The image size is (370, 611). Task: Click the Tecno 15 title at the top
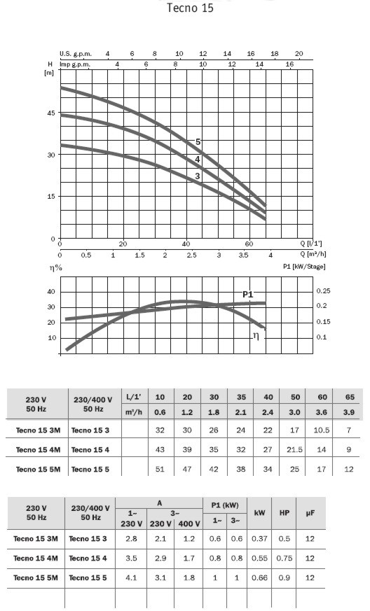[x=190, y=8]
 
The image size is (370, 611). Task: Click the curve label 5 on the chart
[x=198, y=142]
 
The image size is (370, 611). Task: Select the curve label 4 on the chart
[x=198, y=160]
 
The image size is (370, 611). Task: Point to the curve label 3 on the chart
[x=198, y=176]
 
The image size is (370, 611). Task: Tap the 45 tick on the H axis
[x=51, y=113]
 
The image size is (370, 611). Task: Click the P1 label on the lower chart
[x=248, y=295]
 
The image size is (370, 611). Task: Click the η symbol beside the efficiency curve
[x=256, y=335]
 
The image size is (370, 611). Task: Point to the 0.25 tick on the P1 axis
[x=323, y=291]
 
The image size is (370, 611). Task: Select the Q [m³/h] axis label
[x=313, y=254]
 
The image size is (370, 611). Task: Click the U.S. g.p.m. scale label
[x=76, y=54]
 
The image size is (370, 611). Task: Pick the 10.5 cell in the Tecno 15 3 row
[x=322, y=430]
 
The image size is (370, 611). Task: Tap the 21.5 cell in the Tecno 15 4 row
[x=295, y=450]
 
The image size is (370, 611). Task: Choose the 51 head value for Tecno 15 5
[x=160, y=469]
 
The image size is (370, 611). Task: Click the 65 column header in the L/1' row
[x=350, y=397]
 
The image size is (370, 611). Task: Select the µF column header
[x=310, y=513]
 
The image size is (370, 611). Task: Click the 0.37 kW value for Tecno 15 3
[x=259, y=539]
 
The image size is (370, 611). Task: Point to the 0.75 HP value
[x=285, y=559]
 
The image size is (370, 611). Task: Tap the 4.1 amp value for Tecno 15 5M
[x=132, y=578]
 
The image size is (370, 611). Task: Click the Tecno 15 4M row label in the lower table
[x=36, y=559]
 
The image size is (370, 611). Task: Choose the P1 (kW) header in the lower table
[x=225, y=505]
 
